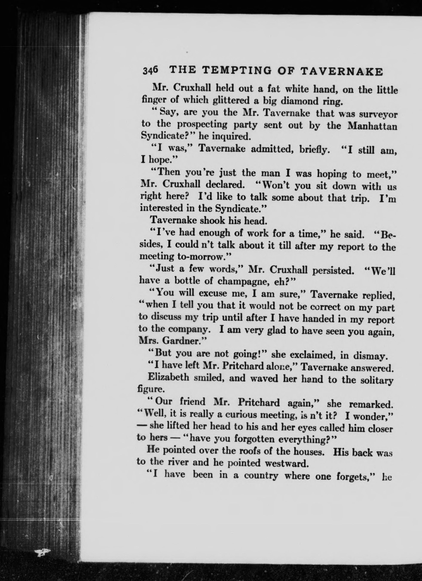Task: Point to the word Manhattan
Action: tap(372, 126)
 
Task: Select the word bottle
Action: tap(187, 281)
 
